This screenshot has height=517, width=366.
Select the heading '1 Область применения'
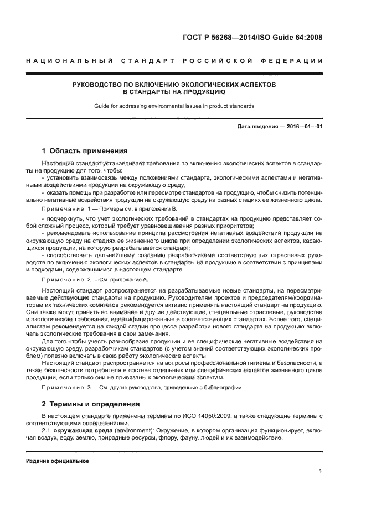[85, 150]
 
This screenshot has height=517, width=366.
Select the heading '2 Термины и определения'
[91, 404]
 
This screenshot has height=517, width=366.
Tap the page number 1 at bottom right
[321, 471]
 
